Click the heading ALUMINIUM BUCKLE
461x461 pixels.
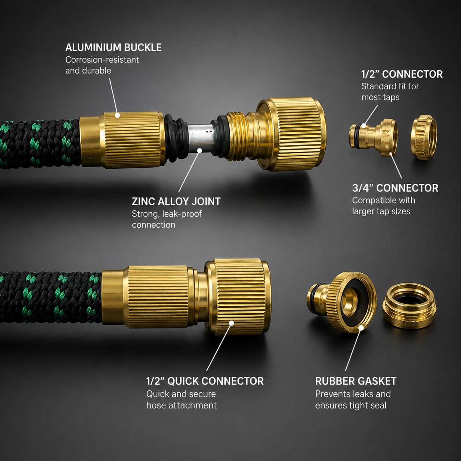point(113,47)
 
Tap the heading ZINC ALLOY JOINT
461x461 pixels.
point(176,201)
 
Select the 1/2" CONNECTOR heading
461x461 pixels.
point(402,74)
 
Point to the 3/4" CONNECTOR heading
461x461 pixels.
point(395,188)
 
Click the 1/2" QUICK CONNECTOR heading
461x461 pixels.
point(205,381)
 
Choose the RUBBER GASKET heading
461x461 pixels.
point(356,381)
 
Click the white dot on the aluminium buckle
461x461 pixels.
point(117,115)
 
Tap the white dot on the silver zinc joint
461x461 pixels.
point(200,150)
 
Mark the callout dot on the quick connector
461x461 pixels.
point(231,323)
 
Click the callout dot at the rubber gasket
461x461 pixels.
point(361,328)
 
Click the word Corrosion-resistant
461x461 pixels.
point(102,60)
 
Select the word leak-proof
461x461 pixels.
point(182,214)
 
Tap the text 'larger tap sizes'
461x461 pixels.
point(381,211)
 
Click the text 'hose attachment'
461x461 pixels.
point(182,405)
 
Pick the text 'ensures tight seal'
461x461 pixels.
point(351,405)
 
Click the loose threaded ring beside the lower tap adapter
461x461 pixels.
point(409,305)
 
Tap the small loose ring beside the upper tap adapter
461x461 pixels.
point(424,137)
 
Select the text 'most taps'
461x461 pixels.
point(380,97)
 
